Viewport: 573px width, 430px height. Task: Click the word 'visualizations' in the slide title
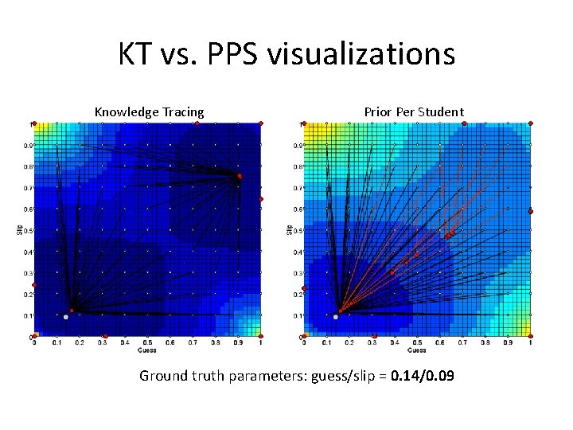361,54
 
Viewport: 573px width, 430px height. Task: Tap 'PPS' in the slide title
230,54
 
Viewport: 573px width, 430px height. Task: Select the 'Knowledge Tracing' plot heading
149,111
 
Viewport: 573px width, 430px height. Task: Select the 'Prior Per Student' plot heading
414,111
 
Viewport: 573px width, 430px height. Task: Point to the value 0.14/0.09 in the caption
423,375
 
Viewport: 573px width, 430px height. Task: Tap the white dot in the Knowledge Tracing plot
66,317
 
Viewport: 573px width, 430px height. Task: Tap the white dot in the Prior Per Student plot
336,317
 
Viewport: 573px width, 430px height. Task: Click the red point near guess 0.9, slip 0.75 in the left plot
239,175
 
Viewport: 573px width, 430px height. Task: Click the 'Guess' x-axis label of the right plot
416,349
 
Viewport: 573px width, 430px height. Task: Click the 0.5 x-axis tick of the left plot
147,343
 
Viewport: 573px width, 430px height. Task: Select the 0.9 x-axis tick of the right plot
508,343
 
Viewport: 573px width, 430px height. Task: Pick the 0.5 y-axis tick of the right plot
298,230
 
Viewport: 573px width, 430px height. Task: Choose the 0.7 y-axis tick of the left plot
27,188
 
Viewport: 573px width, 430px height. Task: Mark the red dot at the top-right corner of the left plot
260,123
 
